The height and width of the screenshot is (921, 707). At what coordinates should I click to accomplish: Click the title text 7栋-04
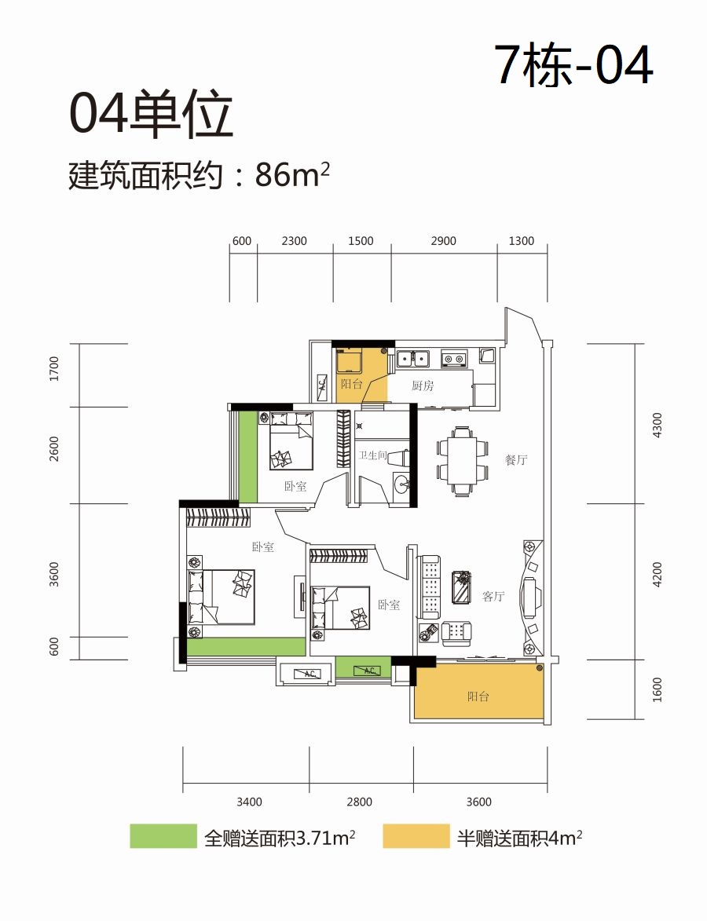click(x=574, y=65)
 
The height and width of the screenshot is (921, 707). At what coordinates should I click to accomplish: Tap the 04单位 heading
click(x=151, y=115)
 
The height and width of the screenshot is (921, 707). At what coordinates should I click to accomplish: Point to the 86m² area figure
click(x=292, y=175)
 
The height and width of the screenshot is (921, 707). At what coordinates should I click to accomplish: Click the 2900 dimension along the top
click(x=443, y=241)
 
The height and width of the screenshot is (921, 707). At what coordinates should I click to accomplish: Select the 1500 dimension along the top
click(x=361, y=241)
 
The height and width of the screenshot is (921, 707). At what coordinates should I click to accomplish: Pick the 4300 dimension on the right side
click(x=658, y=425)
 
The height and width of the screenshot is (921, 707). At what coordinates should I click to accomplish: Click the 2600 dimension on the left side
click(x=54, y=449)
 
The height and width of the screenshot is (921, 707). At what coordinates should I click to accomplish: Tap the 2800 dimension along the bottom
click(x=359, y=802)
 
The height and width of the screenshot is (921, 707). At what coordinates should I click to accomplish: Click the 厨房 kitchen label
click(x=423, y=386)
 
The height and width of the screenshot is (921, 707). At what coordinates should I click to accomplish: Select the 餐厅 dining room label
click(x=516, y=460)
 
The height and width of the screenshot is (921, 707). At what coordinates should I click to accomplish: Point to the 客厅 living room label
click(x=493, y=597)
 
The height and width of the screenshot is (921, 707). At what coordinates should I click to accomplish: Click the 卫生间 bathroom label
click(x=372, y=455)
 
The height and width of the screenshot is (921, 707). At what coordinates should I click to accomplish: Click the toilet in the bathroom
click(x=398, y=456)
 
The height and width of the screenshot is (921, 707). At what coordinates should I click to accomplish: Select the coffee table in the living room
click(x=461, y=587)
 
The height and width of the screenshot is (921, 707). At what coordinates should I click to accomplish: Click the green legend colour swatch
click(x=163, y=836)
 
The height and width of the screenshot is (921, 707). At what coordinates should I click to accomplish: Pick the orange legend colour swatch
click(x=416, y=836)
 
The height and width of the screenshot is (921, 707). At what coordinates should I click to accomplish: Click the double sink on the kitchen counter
click(x=414, y=358)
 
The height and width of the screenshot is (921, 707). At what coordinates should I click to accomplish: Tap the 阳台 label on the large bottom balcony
click(x=478, y=696)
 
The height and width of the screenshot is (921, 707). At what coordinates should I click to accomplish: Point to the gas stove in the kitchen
click(x=454, y=358)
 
